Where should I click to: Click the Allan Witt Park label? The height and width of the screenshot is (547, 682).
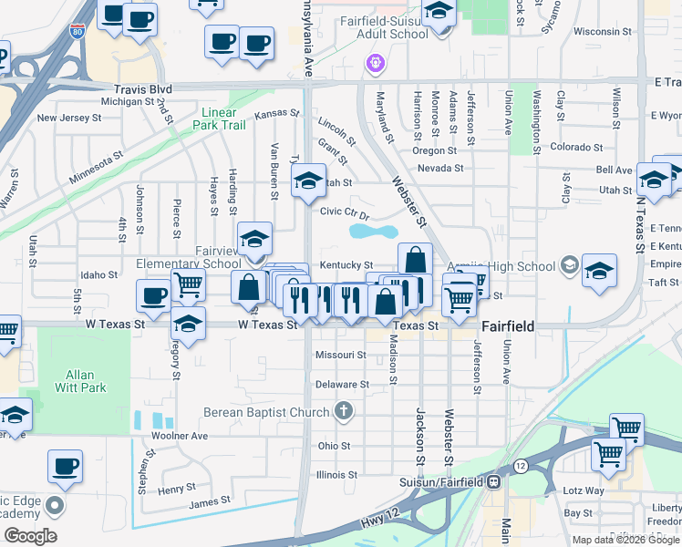[x=86, y=381]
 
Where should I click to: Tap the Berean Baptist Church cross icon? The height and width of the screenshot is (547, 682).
[x=344, y=412]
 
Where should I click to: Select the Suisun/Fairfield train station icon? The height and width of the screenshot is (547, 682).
[x=493, y=480]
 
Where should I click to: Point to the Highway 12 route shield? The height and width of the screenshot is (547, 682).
[x=520, y=466]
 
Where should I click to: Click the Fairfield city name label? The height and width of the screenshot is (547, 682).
[x=507, y=325]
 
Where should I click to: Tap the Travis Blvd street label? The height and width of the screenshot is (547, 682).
[x=143, y=89]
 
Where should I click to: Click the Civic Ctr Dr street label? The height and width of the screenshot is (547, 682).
[x=345, y=212]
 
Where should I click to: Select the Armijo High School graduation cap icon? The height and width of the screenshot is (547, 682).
[x=570, y=265]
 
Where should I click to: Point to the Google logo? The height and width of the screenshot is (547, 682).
[x=30, y=536]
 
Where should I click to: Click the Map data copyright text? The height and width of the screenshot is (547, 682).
[x=626, y=540]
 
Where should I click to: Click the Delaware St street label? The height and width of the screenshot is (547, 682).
[x=342, y=385]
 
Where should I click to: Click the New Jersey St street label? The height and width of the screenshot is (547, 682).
[x=69, y=118]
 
